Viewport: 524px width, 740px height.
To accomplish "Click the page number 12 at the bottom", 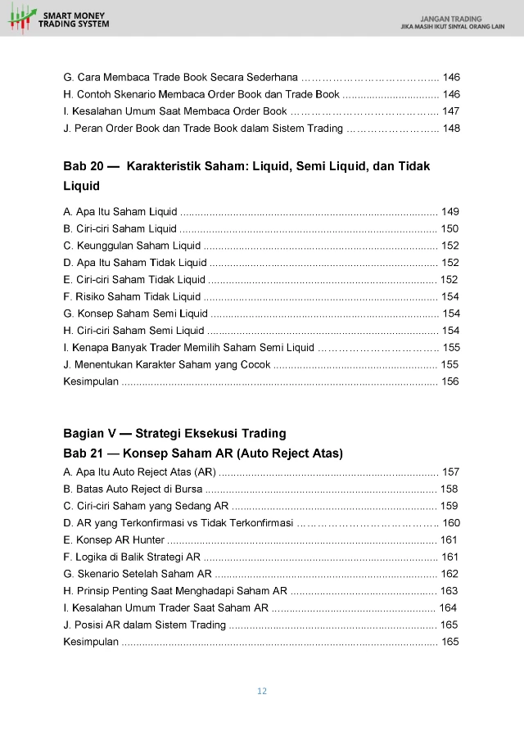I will [x=262, y=691].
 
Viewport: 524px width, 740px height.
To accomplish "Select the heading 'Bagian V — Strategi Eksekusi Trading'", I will [x=174, y=433].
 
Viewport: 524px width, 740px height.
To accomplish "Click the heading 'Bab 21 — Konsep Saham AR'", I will [x=202, y=453].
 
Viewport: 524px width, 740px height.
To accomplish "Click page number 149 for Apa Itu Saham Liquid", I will [x=449, y=212].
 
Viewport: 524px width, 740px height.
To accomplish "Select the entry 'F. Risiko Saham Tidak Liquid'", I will [x=132, y=296].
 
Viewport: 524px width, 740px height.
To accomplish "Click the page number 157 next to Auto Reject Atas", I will [x=450, y=472].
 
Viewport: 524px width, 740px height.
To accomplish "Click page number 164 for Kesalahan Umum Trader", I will [x=448, y=607].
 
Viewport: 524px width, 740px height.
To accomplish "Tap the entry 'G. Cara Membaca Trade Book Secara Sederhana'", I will [x=180, y=78].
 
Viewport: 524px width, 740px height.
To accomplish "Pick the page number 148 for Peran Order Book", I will [x=450, y=129].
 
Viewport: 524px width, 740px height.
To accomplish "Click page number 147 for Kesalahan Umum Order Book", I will [x=450, y=111].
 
